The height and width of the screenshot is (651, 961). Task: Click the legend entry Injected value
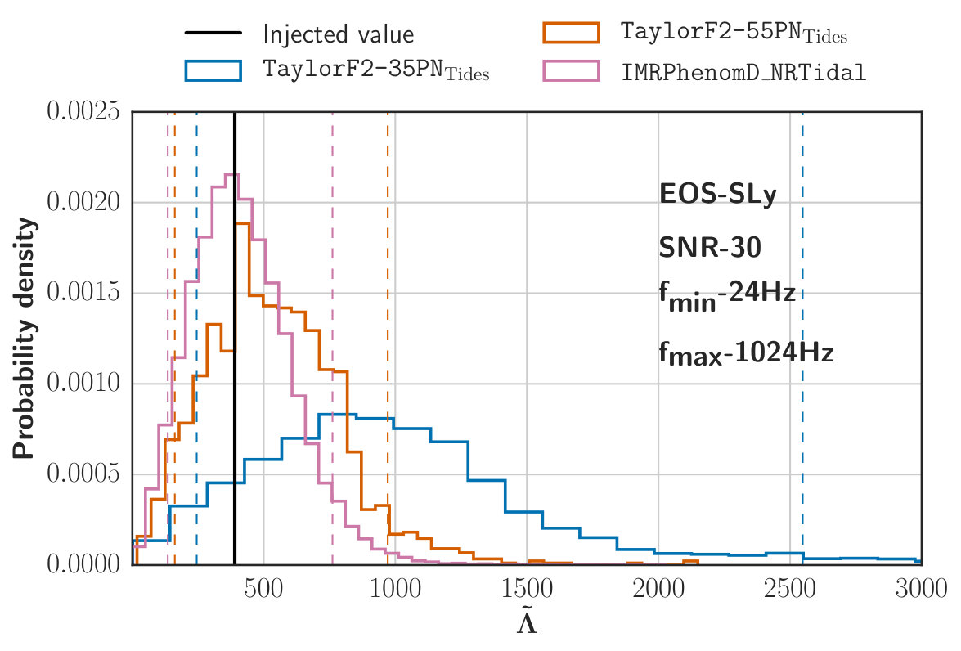point(339,34)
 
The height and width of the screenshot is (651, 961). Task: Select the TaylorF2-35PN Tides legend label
point(375,70)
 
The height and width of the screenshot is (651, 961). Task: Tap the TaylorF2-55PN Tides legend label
point(734,32)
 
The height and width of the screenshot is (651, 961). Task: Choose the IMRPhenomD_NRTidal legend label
point(743,72)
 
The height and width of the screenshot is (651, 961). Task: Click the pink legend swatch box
point(571,70)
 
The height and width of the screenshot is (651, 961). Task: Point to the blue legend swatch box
point(213,70)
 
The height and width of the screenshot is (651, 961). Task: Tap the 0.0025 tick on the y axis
point(83,111)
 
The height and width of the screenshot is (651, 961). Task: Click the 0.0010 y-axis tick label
point(83,383)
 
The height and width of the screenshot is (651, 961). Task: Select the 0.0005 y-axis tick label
point(83,474)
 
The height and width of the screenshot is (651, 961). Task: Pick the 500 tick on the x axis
point(263,589)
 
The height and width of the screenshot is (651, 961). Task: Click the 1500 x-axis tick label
point(527,589)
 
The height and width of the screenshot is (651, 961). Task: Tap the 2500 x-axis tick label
point(789,589)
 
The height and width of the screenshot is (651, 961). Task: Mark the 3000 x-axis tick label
point(921,589)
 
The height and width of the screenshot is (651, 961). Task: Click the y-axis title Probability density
point(25,338)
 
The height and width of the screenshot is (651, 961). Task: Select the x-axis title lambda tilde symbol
point(527,621)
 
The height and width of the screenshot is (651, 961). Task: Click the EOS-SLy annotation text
point(718,195)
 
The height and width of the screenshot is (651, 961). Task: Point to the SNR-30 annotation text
point(710,248)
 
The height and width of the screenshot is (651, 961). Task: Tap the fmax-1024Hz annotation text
point(746,354)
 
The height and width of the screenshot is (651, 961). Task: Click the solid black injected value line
point(235,338)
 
